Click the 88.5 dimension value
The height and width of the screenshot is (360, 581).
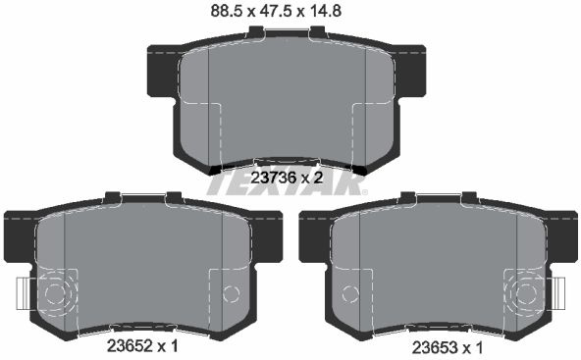226,11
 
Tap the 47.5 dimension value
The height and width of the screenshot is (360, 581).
274,11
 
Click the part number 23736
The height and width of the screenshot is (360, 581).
274,179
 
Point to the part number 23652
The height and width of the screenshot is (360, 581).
130,346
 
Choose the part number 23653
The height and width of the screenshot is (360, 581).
436,348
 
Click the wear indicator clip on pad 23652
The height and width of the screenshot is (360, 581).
24,293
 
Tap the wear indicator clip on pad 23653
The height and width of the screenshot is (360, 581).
558,293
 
